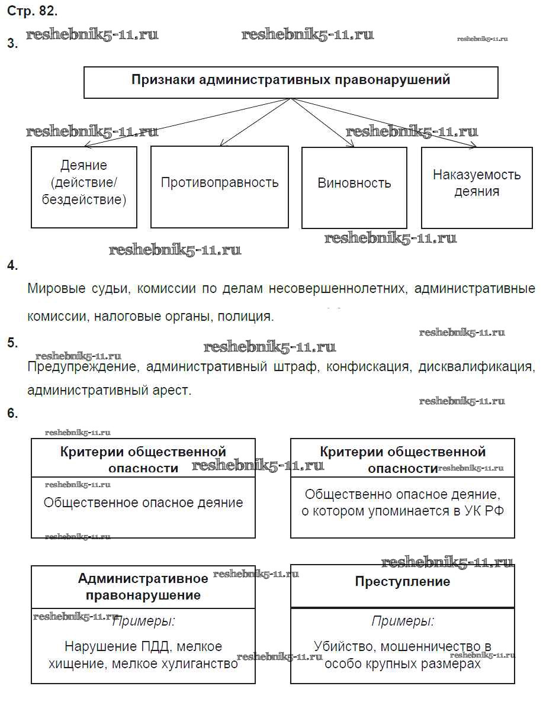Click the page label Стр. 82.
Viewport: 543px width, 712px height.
tap(32, 11)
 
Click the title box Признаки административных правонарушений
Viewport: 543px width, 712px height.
tap(290, 81)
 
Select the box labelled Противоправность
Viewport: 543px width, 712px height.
tap(219, 182)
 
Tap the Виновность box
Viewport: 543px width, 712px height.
tap(354, 183)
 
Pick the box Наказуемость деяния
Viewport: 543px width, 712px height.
tap(476, 183)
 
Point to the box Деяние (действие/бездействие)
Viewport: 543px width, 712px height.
tap(83, 182)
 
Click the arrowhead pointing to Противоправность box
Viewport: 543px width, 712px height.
tap(221, 143)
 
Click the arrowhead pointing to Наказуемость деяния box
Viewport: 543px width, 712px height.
tap(473, 146)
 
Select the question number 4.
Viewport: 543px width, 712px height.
tap(12, 265)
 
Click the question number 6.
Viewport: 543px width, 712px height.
tap(12, 413)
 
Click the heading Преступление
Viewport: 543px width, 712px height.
tap(402, 581)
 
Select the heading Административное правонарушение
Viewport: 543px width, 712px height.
tap(143, 587)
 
